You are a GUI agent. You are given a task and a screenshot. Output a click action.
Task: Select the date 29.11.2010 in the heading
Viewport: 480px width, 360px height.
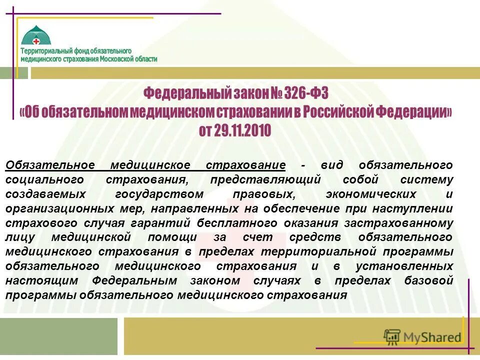click(242, 131)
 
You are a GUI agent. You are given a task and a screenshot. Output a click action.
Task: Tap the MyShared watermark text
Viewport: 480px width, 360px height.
click(432, 337)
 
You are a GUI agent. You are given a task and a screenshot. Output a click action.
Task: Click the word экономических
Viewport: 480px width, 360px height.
click(370, 194)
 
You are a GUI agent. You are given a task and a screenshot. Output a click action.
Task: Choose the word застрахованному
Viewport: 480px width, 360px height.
click(405, 223)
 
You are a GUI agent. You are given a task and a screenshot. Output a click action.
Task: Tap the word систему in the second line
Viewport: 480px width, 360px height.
click(430, 179)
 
